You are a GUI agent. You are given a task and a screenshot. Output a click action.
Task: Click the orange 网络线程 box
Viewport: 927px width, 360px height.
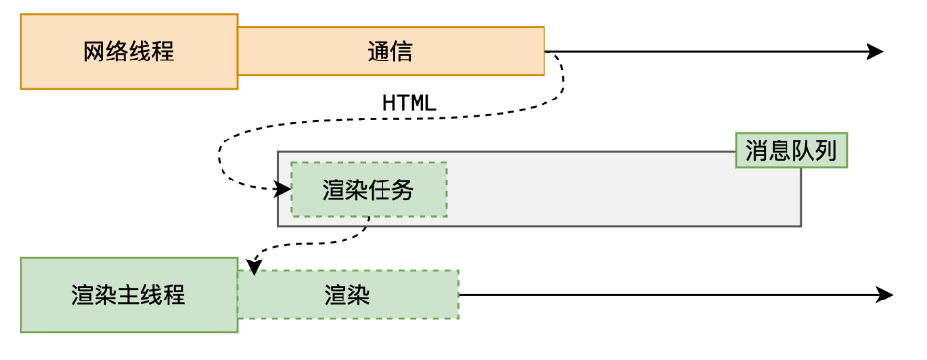click(129, 51)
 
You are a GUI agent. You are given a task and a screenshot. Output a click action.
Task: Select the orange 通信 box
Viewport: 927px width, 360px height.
click(390, 51)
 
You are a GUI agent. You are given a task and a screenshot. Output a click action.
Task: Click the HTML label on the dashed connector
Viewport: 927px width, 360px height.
click(410, 102)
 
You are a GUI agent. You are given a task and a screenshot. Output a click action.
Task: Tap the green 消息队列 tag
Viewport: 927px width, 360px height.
click(791, 150)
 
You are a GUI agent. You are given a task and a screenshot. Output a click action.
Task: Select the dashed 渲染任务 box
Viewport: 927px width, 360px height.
click(368, 189)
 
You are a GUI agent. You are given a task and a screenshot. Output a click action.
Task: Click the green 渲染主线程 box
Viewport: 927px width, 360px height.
click(129, 295)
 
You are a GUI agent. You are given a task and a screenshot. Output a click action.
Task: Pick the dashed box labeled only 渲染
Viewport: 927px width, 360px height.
click(347, 295)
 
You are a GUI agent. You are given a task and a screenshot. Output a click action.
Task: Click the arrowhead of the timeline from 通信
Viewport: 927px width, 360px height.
click(875, 52)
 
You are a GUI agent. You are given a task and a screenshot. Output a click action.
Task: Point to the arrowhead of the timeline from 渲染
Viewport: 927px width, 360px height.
click(884, 295)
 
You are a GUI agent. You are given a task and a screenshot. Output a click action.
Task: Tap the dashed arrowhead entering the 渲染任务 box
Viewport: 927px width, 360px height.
click(284, 189)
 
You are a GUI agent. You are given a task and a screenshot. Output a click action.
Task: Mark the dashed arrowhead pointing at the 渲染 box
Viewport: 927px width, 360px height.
click(252, 264)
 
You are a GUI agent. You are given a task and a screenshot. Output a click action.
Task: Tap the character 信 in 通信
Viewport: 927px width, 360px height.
click(401, 52)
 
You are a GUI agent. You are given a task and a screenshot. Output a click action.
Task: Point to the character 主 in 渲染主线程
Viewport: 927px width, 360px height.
click(129, 295)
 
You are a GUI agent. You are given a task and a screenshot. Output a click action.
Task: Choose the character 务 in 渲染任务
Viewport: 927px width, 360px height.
click(402, 190)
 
